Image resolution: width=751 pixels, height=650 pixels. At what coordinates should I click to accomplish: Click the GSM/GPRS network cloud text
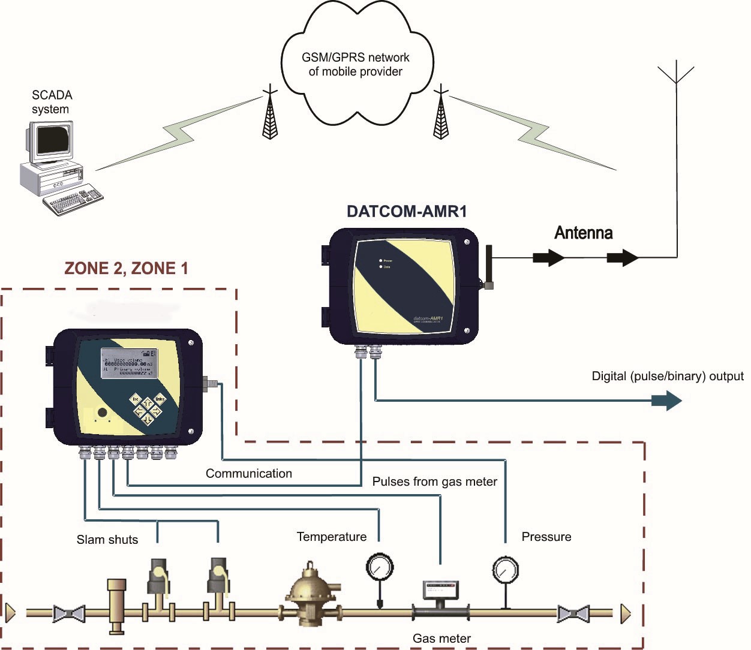pyautogui.click(x=355, y=65)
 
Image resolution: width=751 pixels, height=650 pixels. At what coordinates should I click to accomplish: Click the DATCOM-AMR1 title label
pyautogui.click(x=407, y=211)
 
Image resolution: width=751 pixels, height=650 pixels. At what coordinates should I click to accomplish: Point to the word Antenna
pyautogui.click(x=583, y=233)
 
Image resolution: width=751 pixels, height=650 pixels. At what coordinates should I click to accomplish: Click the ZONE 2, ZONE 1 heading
pyautogui.click(x=126, y=268)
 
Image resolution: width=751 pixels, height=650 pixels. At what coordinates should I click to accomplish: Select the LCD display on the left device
pyautogui.click(x=128, y=363)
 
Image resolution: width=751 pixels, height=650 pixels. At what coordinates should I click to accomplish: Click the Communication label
pyautogui.click(x=248, y=473)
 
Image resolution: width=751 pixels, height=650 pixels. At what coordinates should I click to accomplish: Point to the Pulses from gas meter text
pyautogui.click(x=434, y=482)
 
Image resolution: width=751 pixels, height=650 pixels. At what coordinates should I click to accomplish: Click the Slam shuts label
pyautogui.click(x=107, y=540)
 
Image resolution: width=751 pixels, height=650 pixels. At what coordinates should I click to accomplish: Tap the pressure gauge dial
pyautogui.click(x=505, y=570)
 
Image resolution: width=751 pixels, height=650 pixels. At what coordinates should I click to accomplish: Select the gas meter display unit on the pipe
pyautogui.click(x=441, y=590)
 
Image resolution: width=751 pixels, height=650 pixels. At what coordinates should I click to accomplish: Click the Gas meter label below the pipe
pyautogui.click(x=441, y=639)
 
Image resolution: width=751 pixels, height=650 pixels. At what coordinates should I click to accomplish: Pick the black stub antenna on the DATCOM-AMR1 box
pyautogui.click(x=488, y=266)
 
